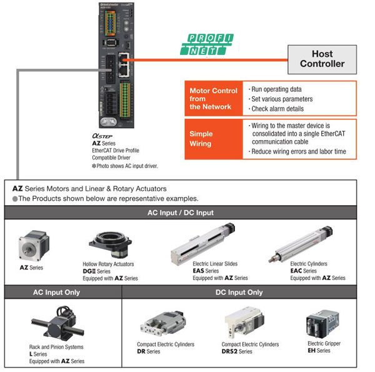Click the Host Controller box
(x=322, y=59)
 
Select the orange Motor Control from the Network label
(x=213, y=99)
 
